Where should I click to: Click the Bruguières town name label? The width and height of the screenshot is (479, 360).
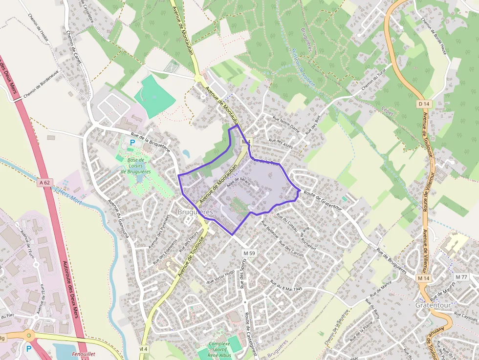pyautogui.click(x=195, y=212)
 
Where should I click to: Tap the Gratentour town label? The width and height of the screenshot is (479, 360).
pyautogui.click(x=433, y=305)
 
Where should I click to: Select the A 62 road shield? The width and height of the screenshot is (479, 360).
pyautogui.click(x=44, y=183)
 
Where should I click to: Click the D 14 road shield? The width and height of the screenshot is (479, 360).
pyautogui.click(x=424, y=104)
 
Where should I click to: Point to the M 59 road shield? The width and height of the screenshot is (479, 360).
pyautogui.click(x=249, y=253)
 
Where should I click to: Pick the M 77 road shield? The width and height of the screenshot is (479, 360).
pyautogui.click(x=461, y=277)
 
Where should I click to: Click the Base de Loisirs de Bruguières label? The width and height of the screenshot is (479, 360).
pyautogui.click(x=135, y=166)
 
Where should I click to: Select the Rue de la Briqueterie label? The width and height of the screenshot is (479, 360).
pyautogui.click(x=150, y=142)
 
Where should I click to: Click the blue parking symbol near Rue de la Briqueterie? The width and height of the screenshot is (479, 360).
pyautogui.click(x=132, y=142)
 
